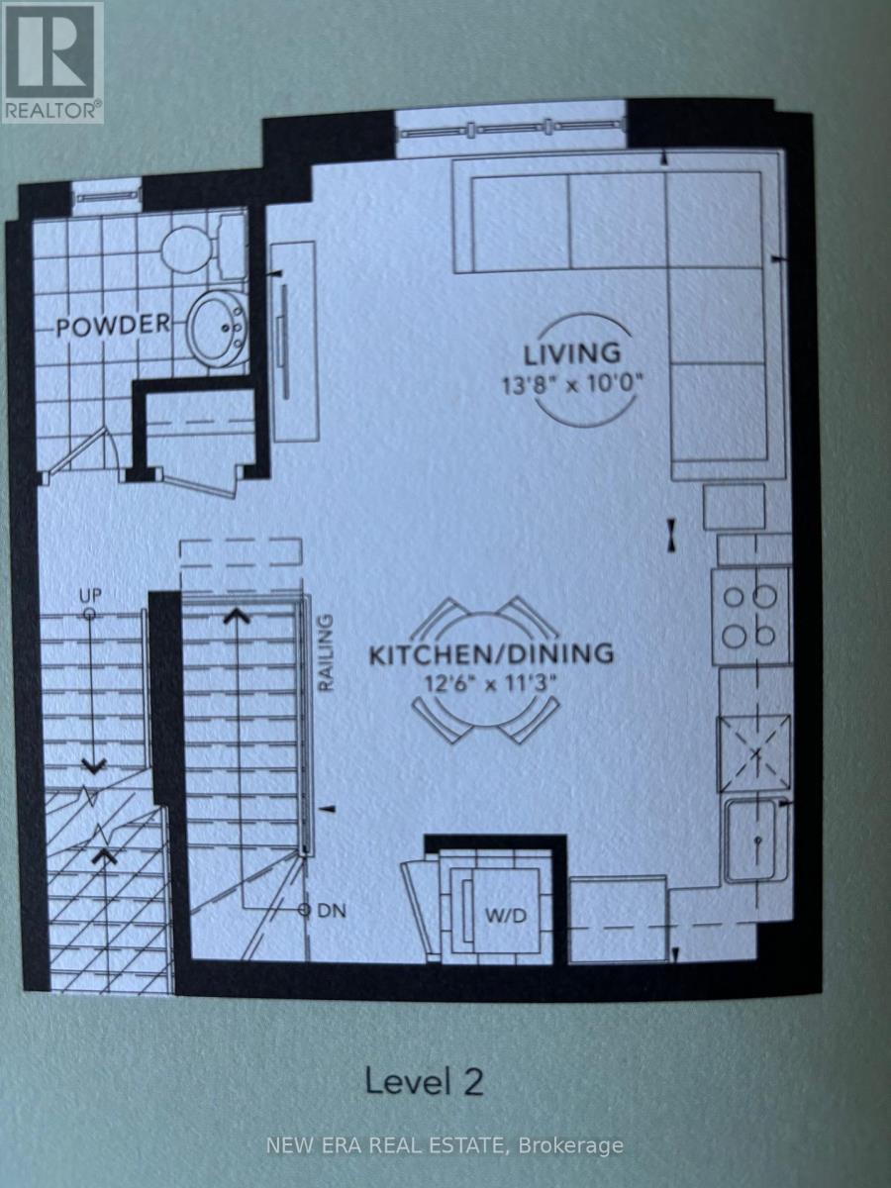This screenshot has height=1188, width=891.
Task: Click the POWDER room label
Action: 113,326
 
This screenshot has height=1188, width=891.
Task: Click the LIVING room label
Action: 572,354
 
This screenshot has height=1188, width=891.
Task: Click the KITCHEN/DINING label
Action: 491,653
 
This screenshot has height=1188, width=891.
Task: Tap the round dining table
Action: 485,670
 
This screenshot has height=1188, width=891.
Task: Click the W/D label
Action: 506,917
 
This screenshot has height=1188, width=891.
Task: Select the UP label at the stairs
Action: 90,596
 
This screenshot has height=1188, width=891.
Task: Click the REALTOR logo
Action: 51,61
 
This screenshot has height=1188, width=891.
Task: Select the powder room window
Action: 107,197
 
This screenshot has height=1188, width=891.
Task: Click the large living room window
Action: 511,130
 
